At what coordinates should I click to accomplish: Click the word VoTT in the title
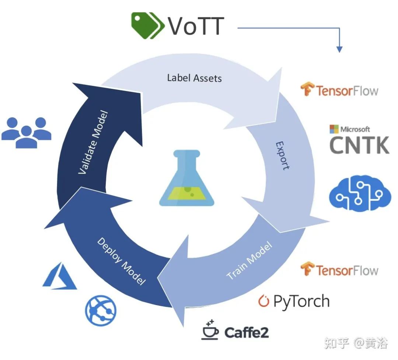196,26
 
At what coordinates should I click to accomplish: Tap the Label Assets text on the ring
194,78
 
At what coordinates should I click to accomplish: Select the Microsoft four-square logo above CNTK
334,129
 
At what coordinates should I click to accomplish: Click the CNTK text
359,145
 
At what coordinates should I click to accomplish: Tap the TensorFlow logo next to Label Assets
307,90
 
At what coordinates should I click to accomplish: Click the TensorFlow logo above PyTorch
307,269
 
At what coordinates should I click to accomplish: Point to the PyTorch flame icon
263,301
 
